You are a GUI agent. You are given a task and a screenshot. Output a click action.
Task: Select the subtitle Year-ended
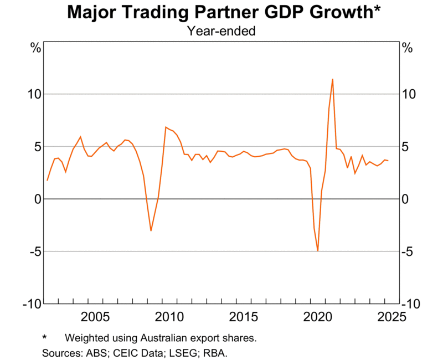pyautogui.click(x=221, y=31)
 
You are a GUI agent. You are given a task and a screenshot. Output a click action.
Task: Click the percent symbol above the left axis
pyautogui.click(x=35, y=48)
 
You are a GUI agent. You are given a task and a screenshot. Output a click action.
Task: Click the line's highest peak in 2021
pyautogui.click(x=332, y=79)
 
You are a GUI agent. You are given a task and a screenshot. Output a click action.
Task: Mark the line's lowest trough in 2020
pyautogui.click(x=318, y=251)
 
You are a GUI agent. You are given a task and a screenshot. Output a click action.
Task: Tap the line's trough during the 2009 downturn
pyautogui.click(x=151, y=230)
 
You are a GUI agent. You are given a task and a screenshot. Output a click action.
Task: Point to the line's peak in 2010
pyautogui.click(x=166, y=127)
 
